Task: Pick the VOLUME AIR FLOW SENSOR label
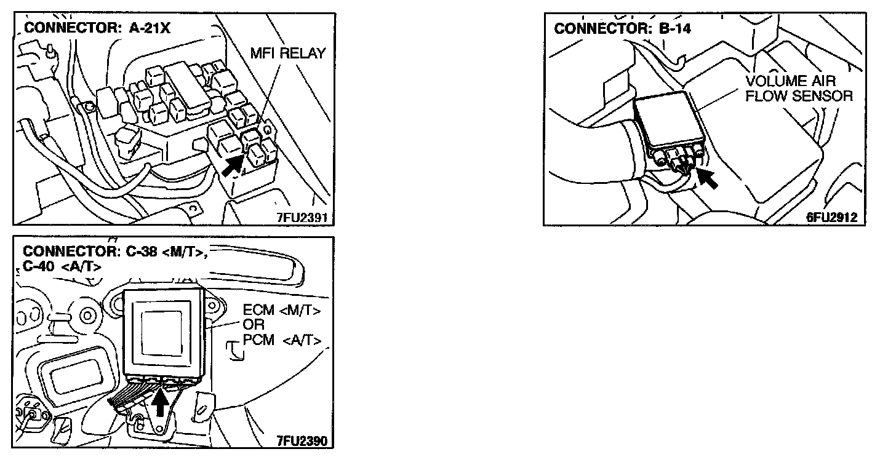point(799,89)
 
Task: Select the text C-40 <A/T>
point(62,267)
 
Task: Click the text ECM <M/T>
point(282,311)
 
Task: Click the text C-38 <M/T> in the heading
point(159,252)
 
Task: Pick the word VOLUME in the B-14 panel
point(773,81)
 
